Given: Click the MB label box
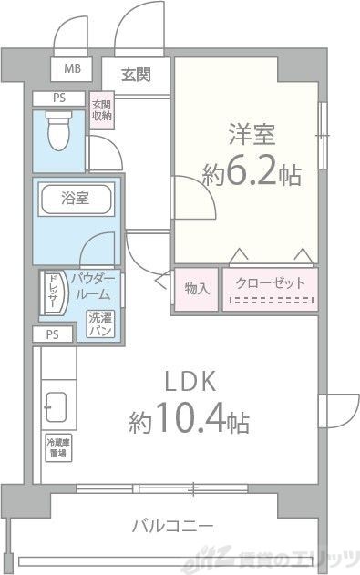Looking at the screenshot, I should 70,68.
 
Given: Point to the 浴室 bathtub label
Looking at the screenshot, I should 75,199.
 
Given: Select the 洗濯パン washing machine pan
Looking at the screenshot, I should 100,324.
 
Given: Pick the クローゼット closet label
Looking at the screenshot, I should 271,283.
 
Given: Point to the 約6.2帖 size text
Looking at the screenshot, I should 252,175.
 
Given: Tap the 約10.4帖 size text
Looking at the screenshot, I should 189,422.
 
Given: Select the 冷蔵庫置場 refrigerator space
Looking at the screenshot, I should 57,447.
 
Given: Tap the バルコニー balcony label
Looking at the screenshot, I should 172,526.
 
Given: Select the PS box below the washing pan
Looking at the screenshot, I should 52,334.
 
